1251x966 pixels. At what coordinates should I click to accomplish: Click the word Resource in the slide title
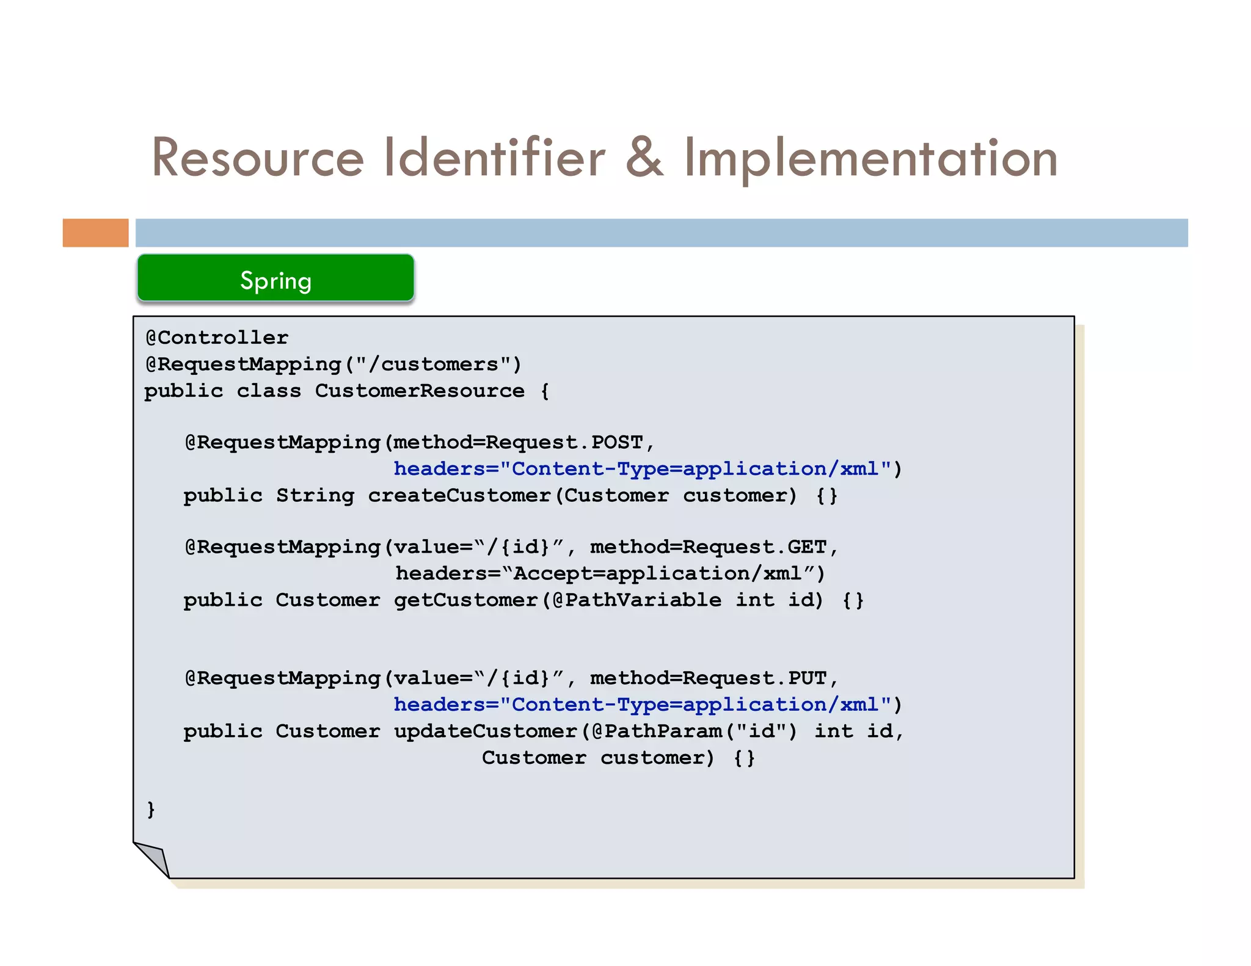point(258,158)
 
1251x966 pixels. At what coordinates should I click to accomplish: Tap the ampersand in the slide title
point(644,158)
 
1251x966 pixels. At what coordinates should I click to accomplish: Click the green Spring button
point(275,279)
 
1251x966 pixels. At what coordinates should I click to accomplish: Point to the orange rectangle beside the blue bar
point(95,233)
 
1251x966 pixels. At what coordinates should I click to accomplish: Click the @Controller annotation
point(217,338)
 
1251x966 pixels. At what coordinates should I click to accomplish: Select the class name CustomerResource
point(420,391)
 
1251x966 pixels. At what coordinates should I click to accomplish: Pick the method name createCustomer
point(460,495)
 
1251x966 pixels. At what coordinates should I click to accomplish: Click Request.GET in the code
point(754,547)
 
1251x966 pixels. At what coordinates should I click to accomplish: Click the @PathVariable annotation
point(636,600)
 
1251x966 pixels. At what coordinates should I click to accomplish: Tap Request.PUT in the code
point(754,678)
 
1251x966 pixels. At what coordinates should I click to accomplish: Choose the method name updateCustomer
point(486,732)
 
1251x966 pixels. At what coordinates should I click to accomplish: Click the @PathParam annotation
point(657,732)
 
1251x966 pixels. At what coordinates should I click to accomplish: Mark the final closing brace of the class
point(151,810)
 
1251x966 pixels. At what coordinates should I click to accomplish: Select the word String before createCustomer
point(315,495)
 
